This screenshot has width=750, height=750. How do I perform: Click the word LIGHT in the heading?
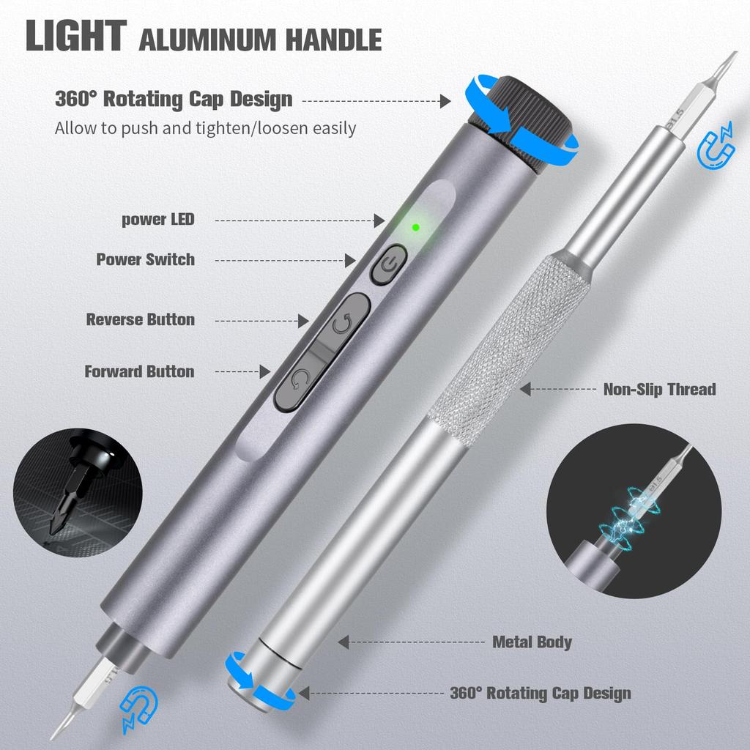75,37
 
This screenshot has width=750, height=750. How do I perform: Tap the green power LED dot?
415,227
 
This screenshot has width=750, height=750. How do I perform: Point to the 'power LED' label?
158,219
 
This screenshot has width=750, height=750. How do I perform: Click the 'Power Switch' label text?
145,259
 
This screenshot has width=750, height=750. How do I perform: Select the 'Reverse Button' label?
141,319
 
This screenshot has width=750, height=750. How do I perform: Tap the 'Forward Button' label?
139,371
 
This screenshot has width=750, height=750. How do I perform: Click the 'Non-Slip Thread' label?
659,389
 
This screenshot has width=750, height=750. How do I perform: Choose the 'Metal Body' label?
532,642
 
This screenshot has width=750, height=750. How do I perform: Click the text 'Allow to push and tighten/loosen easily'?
205,128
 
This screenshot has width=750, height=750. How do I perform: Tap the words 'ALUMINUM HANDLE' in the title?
260,40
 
